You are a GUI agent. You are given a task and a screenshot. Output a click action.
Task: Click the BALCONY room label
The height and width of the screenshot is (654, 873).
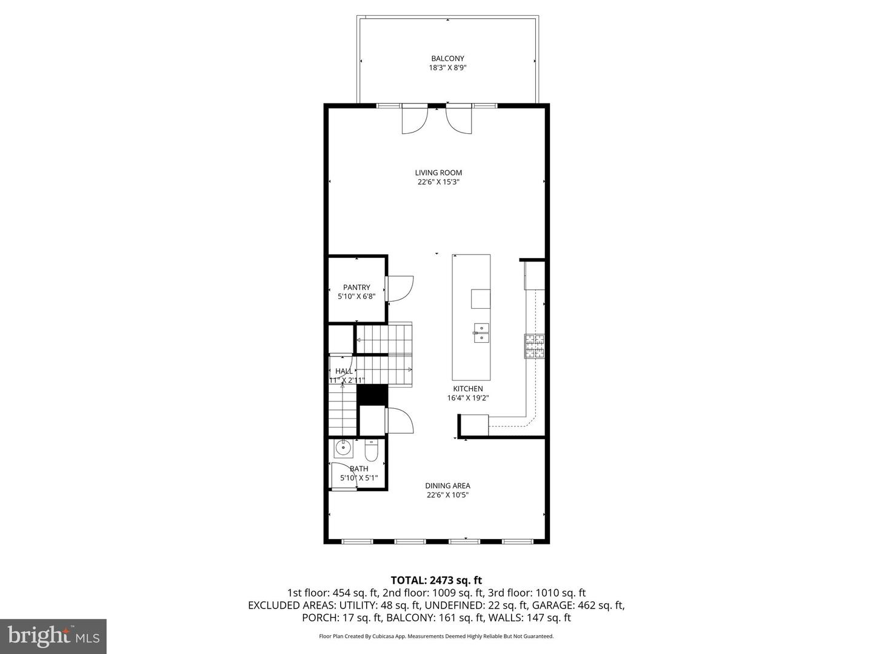(x=447, y=59)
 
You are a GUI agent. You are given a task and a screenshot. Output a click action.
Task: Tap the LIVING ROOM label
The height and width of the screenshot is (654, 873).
(x=438, y=173)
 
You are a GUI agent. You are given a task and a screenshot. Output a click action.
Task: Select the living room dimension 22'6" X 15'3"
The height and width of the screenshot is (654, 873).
(x=438, y=182)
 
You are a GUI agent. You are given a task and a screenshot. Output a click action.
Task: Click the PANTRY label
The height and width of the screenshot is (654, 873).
(x=356, y=288)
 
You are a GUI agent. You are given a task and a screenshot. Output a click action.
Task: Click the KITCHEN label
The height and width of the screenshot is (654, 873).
(x=468, y=389)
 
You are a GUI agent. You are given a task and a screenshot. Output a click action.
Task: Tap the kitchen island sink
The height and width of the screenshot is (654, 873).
(x=481, y=333)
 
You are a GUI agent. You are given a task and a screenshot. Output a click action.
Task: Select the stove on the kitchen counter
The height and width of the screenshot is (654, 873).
(x=534, y=346)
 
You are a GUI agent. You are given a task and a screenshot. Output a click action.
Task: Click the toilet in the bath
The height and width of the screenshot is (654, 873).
(x=372, y=451)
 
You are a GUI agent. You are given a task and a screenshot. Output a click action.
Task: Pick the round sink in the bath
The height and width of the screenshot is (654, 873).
(x=344, y=449)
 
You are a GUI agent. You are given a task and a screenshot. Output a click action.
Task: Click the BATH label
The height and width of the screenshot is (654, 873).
(x=359, y=469)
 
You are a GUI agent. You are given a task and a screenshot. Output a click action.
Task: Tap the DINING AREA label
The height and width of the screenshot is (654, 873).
(x=447, y=486)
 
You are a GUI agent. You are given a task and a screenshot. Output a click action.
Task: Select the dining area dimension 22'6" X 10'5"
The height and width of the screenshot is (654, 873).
(x=447, y=495)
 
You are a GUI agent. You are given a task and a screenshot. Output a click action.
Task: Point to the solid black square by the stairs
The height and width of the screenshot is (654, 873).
(x=372, y=394)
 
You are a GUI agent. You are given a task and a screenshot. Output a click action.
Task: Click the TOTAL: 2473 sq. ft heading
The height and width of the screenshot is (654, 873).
(x=436, y=581)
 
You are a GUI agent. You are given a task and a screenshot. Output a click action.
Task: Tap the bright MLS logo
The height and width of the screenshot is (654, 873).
(x=53, y=636)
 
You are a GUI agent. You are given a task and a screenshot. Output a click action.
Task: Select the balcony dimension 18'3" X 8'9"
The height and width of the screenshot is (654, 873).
(x=447, y=68)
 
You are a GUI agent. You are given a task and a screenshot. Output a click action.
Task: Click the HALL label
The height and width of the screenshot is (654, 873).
(x=344, y=371)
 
